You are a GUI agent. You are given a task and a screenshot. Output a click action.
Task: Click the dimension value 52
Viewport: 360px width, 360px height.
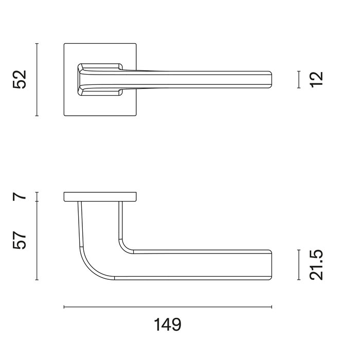20,80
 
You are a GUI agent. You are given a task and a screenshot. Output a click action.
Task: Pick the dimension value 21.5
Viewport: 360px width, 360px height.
317,265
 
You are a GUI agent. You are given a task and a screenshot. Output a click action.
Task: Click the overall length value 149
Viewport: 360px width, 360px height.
167,325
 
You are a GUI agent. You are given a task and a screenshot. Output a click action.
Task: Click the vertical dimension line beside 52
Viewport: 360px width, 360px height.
37,80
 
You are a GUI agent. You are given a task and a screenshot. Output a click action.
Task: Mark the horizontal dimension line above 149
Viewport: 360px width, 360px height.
167,308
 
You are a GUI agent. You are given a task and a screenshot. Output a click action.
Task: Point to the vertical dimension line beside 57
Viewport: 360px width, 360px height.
37,240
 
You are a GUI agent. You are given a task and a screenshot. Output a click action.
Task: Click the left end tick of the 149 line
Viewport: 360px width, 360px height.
64,308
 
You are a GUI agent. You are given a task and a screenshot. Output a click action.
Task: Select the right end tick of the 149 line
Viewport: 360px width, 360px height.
271,308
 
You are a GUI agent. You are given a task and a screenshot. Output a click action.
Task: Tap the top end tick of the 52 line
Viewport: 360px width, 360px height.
37,44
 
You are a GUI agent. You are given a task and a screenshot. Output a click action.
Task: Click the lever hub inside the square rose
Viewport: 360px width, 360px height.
98,79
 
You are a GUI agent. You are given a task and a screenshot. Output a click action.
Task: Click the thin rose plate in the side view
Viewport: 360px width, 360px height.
100,196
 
